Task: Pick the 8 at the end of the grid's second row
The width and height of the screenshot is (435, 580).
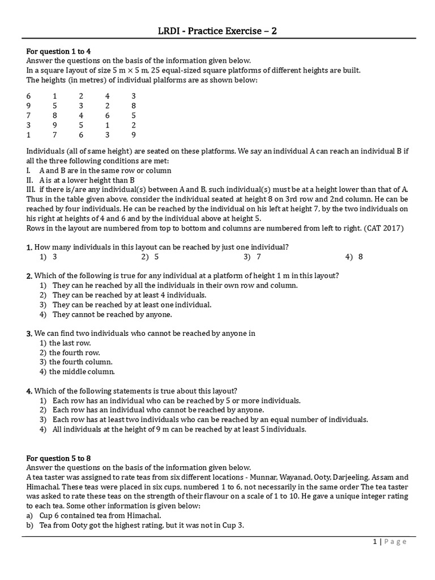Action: click(133, 105)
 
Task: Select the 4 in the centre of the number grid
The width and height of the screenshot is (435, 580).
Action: click(81, 115)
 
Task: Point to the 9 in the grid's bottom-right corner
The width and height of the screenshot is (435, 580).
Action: click(133, 135)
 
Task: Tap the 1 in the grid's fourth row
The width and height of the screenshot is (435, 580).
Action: click(107, 125)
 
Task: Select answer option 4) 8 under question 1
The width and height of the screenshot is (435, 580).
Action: click(354, 257)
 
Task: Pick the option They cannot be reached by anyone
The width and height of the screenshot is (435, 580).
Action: click(112, 314)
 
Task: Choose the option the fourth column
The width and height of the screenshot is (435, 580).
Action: click(81, 362)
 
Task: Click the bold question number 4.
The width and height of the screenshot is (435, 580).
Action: click(29, 391)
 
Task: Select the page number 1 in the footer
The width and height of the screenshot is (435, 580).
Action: click(375, 542)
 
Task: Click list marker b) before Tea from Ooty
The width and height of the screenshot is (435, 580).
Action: click(29, 525)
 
